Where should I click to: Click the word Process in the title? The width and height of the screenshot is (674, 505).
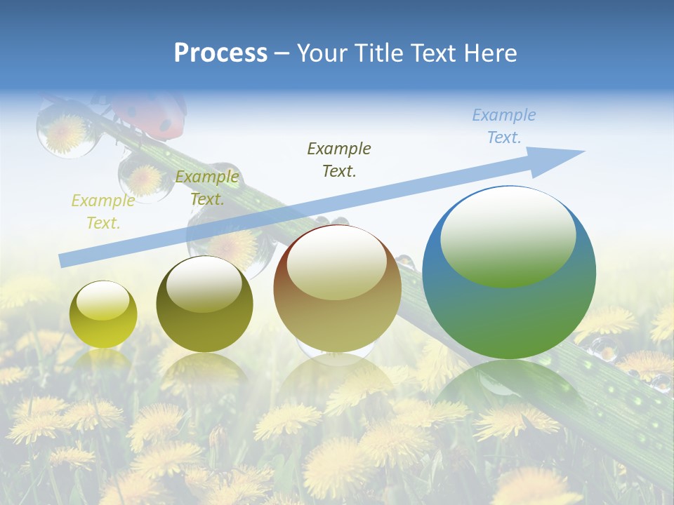(x=220, y=53)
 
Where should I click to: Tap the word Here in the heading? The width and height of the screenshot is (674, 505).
(x=489, y=53)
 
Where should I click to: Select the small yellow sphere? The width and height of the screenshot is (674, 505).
(x=103, y=314)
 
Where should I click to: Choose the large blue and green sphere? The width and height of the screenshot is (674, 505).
(x=509, y=272)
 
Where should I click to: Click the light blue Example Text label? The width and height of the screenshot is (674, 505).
(x=504, y=126)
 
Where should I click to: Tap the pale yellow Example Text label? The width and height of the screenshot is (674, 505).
(x=103, y=212)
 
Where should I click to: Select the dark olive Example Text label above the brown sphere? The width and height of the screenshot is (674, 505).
(x=339, y=159)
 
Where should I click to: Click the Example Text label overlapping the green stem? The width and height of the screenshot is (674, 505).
(x=207, y=187)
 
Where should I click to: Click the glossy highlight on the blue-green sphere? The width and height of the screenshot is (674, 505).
(x=508, y=236)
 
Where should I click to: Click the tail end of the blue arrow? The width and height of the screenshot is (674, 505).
(x=65, y=260)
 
